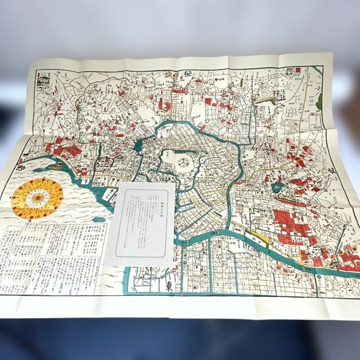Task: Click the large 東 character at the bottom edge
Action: point(169,286)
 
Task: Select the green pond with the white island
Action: point(278,187)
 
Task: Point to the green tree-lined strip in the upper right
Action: point(266,99)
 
